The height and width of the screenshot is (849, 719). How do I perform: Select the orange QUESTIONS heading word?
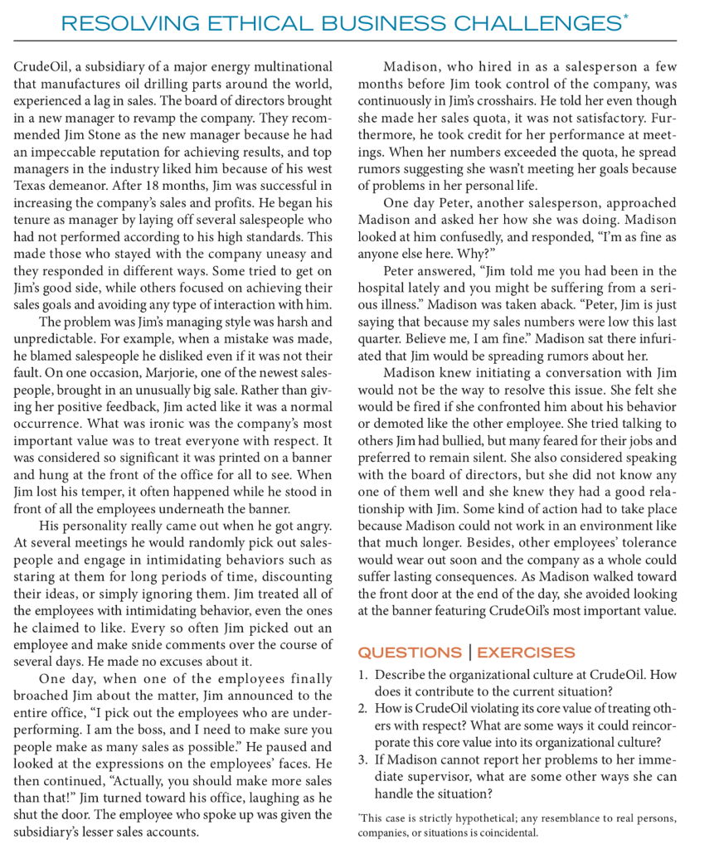[x=411, y=653]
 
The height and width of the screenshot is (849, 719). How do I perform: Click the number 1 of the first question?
[x=362, y=675]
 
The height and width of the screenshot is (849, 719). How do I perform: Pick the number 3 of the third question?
[x=362, y=761]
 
